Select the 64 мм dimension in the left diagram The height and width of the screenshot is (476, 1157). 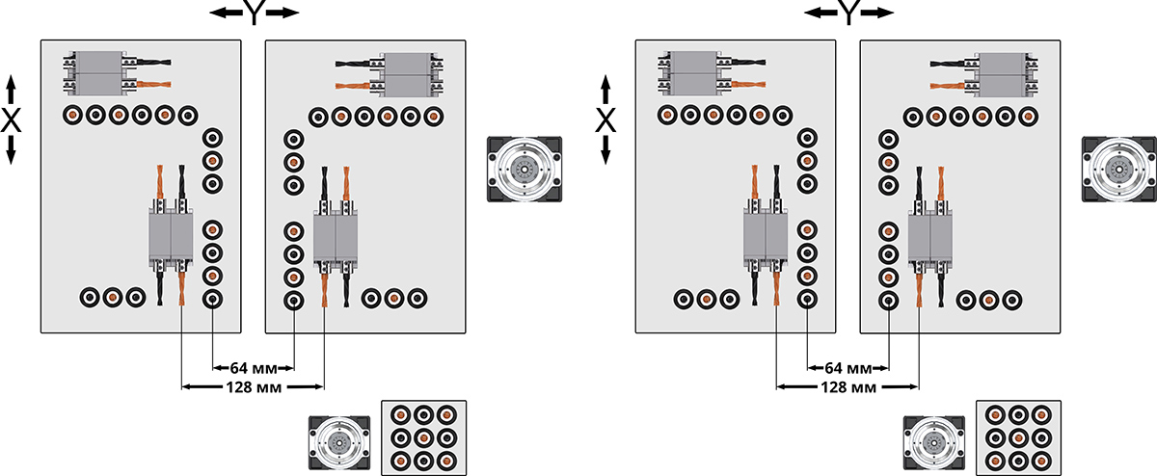pyautogui.click(x=253, y=368)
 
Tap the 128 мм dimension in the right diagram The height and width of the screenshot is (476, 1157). pyautogui.click(x=847, y=387)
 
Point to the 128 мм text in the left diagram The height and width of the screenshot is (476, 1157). pyautogui.click(x=253, y=387)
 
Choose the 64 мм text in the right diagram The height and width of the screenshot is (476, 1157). pyautogui.click(x=847, y=368)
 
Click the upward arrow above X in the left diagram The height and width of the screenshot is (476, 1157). pyautogui.click(x=12, y=91)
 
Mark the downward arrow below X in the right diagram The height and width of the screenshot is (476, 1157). pyautogui.click(x=606, y=150)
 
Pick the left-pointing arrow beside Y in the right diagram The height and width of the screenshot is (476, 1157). pyautogui.click(x=818, y=13)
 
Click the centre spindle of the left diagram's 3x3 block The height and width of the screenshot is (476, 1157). pyautogui.click(x=424, y=437)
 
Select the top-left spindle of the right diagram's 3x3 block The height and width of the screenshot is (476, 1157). pyautogui.click(x=995, y=415)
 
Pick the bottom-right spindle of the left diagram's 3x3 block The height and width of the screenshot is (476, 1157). pyautogui.click(x=446, y=460)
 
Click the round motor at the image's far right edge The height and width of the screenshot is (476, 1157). pyautogui.click(x=1118, y=170)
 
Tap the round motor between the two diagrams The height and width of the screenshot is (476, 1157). pyautogui.click(x=524, y=170)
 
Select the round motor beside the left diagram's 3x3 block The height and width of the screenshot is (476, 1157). pyautogui.click(x=339, y=444)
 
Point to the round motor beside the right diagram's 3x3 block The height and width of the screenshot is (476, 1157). pyautogui.click(x=934, y=444)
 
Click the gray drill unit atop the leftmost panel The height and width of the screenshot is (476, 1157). pyautogui.click(x=94, y=73)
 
